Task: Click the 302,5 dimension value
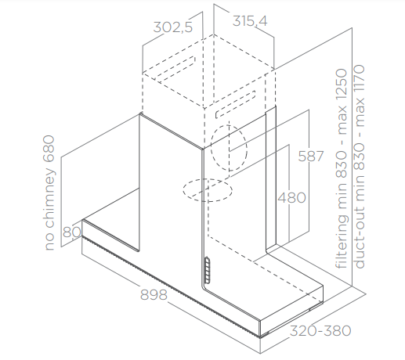173,27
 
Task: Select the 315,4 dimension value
250,21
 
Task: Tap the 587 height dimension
311,157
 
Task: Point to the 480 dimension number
291,198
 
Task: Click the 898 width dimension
154,295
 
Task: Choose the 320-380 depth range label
320,331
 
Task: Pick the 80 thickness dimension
72,232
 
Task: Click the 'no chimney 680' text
49,193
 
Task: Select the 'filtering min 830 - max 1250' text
342,168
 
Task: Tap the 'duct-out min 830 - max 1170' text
360,167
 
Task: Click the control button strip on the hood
208,270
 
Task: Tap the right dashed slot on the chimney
235,104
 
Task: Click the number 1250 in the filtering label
342,85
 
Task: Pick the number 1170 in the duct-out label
360,79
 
